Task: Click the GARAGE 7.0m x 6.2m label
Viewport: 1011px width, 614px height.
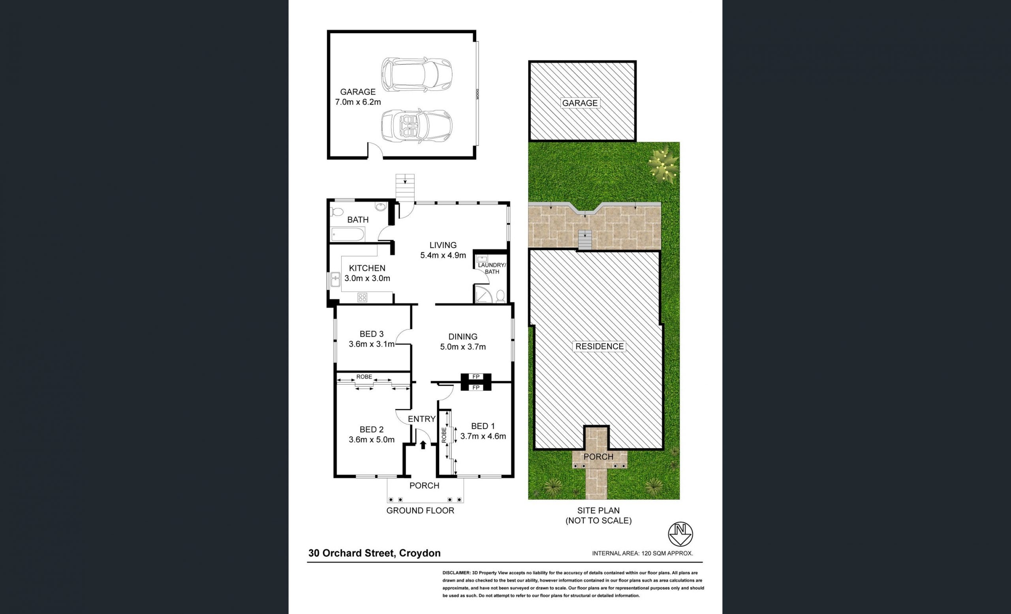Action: [358, 97]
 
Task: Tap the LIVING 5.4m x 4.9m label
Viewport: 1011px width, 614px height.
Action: [443, 250]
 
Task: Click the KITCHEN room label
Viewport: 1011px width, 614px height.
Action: [367, 273]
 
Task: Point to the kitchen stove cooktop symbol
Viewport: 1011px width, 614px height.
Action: [362, 297]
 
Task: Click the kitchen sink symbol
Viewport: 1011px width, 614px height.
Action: [336, 280]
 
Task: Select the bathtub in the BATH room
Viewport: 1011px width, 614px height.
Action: [348, 235]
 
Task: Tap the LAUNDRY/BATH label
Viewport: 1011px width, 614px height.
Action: [492, 268]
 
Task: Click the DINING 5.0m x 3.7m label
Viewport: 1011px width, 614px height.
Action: [463, 342]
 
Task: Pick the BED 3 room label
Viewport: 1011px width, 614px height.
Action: [371, 339]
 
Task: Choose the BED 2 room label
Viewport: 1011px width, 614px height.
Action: [371, 435]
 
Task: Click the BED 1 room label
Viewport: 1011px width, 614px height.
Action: [483, 431]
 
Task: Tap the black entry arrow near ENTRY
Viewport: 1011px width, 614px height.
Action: [423, 445]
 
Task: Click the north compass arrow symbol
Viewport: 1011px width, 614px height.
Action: [680, 534]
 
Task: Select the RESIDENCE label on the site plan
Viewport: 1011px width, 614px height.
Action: [599, 347]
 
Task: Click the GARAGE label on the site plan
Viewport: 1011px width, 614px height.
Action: [580, 103]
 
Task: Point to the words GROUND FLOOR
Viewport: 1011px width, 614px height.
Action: [420, 511]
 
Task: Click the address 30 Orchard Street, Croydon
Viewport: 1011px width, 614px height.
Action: [375, 553]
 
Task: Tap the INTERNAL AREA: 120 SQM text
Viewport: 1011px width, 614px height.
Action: [643, 553]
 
